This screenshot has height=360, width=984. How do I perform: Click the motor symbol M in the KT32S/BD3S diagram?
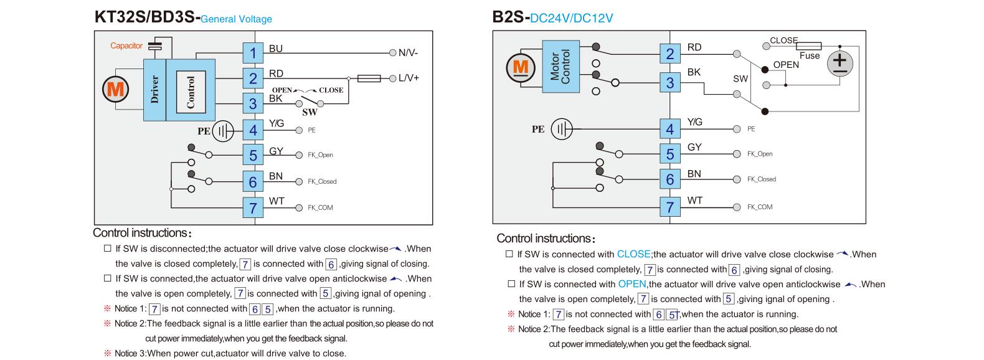(116, 90)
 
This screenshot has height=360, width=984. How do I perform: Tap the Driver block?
(154, 90)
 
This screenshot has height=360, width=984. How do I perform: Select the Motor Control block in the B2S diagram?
(561, 67)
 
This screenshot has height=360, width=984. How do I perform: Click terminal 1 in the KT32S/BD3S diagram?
(253, 53)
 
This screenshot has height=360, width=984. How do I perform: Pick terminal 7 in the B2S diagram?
(670, 207)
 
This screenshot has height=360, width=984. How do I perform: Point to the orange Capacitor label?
(126, 45)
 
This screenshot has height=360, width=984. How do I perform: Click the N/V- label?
(408, 53)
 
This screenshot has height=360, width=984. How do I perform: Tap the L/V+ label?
(409, 78)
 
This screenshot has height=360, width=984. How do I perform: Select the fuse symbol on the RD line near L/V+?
(370, 78)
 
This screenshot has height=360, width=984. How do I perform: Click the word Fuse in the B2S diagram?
(810, 55)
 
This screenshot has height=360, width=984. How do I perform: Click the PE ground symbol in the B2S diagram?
(564, 129)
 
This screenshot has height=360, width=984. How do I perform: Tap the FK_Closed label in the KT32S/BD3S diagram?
(322, 182)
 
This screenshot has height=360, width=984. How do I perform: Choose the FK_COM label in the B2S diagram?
(760, 207)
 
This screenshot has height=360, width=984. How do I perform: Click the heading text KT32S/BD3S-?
(147, 17)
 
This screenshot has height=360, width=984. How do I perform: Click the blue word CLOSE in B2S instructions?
(633, 254)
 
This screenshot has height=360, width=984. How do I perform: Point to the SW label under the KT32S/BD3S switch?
(310, 112)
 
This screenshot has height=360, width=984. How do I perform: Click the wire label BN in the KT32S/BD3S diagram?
(276, 176)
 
